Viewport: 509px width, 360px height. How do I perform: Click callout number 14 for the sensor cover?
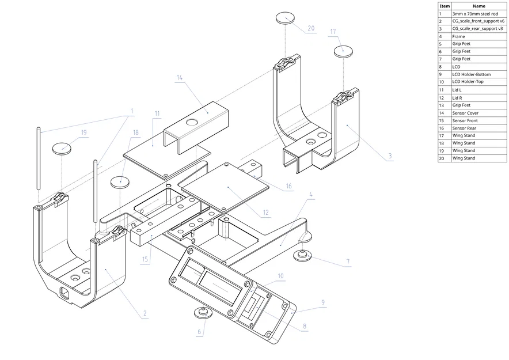180,78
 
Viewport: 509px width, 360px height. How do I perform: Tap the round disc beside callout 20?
286,18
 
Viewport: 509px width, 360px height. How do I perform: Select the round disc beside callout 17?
343,52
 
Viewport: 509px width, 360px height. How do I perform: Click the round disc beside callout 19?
62,149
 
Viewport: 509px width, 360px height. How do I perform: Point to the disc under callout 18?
120,183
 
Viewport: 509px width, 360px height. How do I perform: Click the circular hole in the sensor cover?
192,122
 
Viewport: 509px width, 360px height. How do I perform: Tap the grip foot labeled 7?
302,255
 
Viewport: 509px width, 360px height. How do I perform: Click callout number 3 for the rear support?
390,156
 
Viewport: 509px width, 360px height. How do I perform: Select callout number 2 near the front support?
145,313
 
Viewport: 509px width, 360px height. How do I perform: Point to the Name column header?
479,6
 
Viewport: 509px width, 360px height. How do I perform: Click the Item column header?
445,6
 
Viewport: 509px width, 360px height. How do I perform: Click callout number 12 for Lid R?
266,213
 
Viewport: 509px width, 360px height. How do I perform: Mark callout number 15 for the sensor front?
145,259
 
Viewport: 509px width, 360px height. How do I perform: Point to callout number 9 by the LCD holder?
323,302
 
